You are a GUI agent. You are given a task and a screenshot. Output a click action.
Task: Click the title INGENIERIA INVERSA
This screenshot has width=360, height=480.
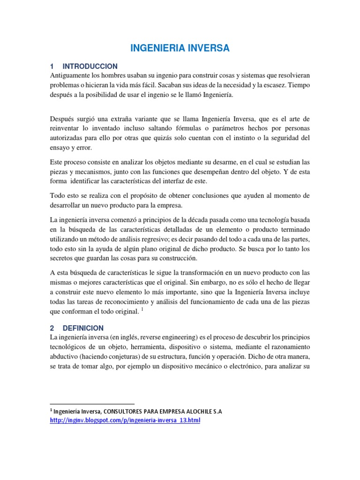[180, 48]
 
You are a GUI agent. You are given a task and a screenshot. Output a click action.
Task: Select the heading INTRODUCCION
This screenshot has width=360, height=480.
[90, 66]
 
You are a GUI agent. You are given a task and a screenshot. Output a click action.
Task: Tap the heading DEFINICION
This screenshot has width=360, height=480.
[83, 328]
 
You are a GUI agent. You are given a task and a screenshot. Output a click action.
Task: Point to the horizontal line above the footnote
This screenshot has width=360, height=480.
[92, 404]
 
